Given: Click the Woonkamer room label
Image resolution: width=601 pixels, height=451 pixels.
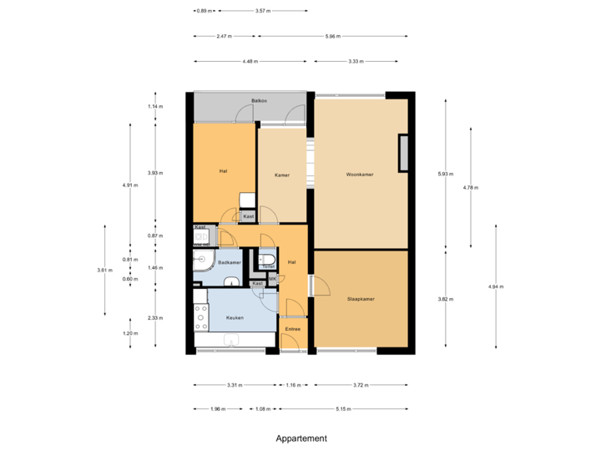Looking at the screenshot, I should click(x=360, y=175).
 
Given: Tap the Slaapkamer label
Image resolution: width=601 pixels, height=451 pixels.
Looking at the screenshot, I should click(x=360, y=298).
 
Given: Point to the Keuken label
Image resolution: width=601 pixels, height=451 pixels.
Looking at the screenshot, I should click(x=235, y=317).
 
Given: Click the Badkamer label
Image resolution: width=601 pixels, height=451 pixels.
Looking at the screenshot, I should click(x=230, y=262).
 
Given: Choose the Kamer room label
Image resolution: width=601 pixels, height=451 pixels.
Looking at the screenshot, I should click(x=281, y=175).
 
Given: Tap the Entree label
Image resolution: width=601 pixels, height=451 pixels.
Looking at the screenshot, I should click(x=292, y=329).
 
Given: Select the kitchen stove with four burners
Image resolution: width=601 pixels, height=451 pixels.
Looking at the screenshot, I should click(x=200, y=317).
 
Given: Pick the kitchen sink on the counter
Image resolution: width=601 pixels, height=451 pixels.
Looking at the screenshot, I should click(x=233, y=340).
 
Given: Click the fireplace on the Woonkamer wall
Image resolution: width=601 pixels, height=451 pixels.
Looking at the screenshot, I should click(x=404, y=153).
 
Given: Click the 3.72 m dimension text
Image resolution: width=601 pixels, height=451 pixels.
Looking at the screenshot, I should click(x=361, y=385).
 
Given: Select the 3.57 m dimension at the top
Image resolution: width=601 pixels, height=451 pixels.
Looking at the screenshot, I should click(x=263, y=11).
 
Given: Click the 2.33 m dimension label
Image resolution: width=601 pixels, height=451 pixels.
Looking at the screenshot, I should click(x=155, y=317).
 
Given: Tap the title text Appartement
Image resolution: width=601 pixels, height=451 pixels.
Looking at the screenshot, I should click(x=300, y=438).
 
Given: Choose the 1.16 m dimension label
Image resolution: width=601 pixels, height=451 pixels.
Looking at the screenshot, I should click(x=292, y=385).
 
